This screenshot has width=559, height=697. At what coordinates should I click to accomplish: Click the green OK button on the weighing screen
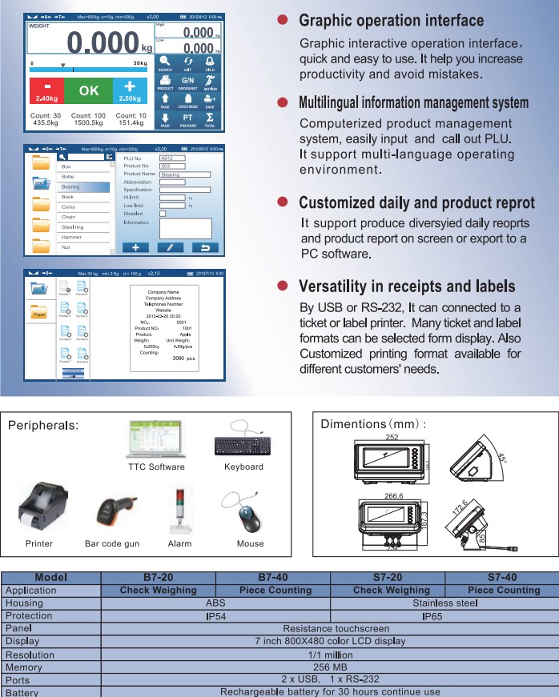click(x=88, y=92)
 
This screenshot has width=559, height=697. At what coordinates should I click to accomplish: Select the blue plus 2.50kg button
click(x=129, y=92)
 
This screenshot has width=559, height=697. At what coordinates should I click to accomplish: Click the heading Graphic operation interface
click(x=391, y=20)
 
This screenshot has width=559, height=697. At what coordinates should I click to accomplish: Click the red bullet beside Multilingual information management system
click(x=282, y=103)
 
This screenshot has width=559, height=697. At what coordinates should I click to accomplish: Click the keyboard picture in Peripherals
click(x=243, y=439)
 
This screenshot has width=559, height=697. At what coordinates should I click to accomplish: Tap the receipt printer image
click(x=39, y=509)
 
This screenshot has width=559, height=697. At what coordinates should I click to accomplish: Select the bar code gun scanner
click(x=112, y=512)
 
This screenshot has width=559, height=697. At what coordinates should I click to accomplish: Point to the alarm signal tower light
click(x=179, y=509)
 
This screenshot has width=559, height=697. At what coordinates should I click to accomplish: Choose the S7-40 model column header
click(x=502, y=577)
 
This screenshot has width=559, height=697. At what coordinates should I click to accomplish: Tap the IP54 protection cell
click(x=215, y=615)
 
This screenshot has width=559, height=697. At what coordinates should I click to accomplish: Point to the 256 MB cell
click(x=329, y=667)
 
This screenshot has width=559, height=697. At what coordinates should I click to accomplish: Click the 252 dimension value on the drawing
click(x=392, y=438)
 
